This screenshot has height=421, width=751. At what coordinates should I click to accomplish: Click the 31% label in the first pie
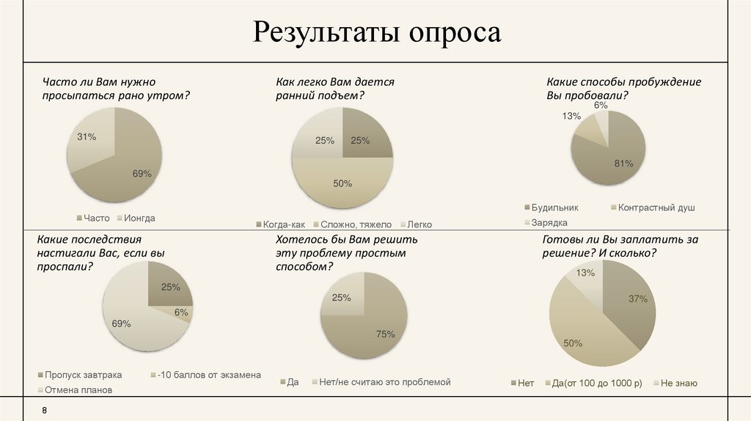pos(87,136)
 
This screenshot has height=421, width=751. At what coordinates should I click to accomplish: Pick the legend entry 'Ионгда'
pos(139,218)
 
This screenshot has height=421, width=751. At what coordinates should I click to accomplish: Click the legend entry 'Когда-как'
pos(282,224)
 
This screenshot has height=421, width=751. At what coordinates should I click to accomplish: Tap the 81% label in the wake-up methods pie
pos(623,163)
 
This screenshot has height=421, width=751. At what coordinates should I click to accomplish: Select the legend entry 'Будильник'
pos(556,208)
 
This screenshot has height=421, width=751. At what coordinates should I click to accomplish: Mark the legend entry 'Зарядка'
pos(549,222)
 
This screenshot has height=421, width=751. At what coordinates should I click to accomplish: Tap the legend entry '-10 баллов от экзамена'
pos(209,375)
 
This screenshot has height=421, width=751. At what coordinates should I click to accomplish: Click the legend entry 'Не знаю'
pos(678,383)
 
